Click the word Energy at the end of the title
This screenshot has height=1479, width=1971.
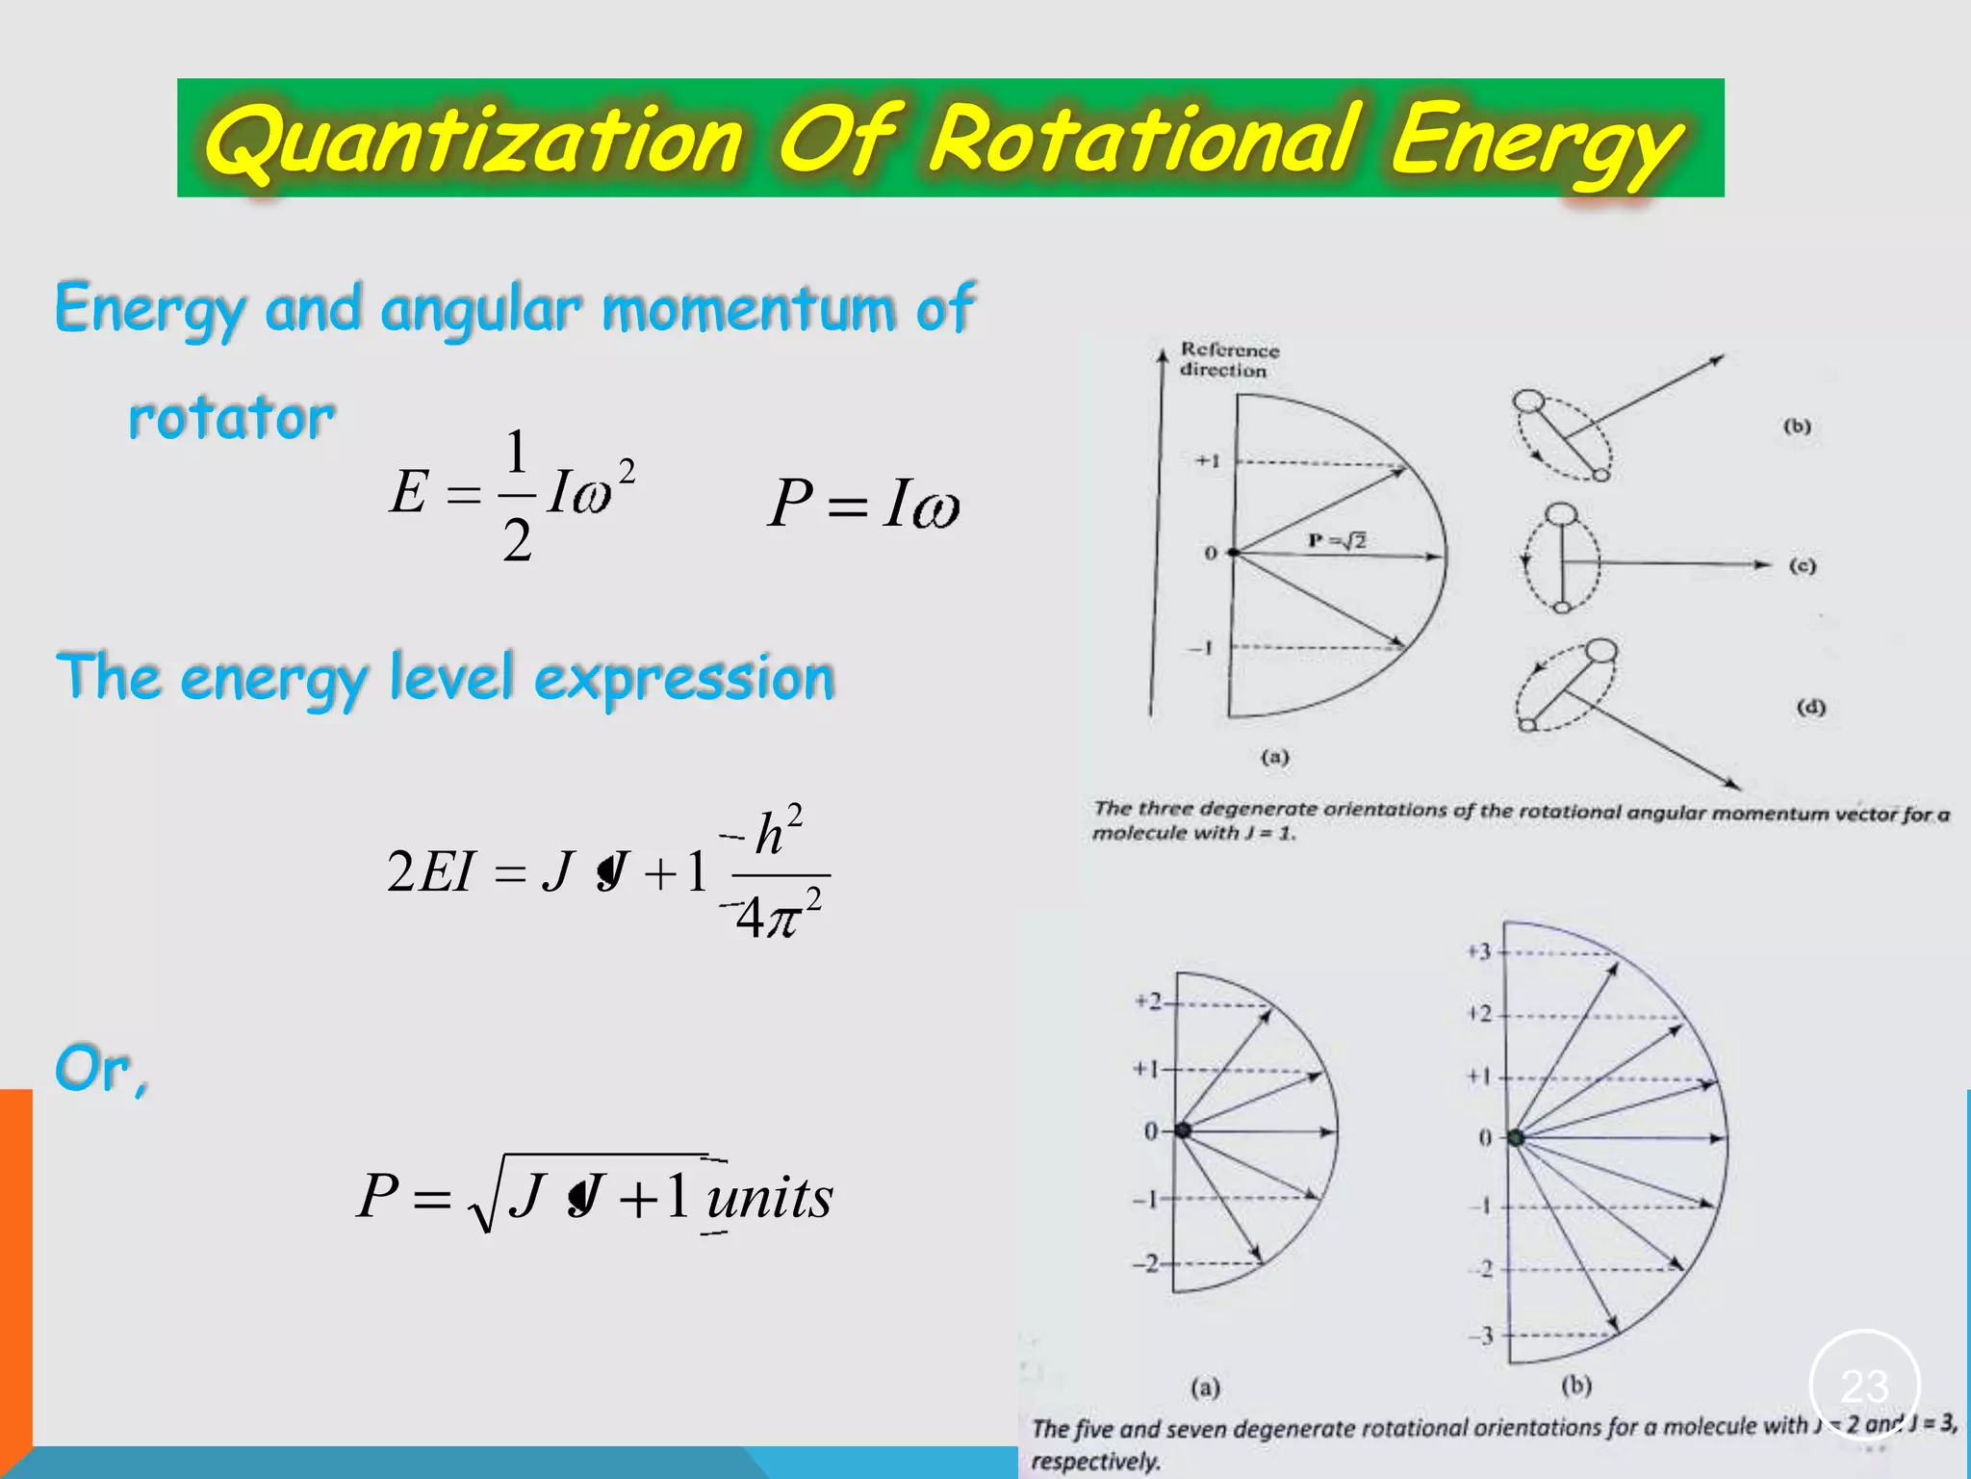coord(1535,142)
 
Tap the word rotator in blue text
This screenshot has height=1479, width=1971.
coord(231,419)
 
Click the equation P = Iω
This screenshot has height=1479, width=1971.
coord(863,503)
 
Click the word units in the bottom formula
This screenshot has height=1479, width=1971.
coord(769,1198)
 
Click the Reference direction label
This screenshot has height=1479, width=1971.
coord(1229,360)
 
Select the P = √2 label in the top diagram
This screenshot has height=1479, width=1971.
coord(1337,541)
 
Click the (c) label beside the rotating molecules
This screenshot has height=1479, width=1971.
coord(1802,565)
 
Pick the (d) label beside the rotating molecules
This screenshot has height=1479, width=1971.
coord(1810,708)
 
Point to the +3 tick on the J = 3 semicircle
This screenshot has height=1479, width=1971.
coord(1479,952)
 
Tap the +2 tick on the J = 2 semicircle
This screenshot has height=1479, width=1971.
coord(1148,1002)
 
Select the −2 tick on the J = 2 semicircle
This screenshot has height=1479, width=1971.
coord(1145,1263)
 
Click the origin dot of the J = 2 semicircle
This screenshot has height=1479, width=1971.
coord(1183,1130)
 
